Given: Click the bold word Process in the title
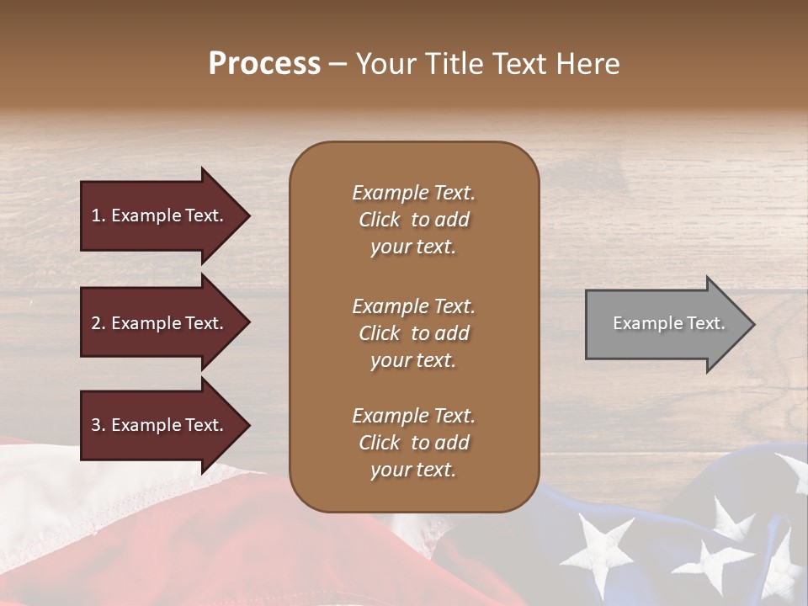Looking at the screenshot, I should tap(264, 64).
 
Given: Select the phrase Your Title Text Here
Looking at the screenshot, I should tap(487, 64).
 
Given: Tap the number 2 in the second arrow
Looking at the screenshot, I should tap(96, 323).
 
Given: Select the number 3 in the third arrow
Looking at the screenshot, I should tap(96, 425).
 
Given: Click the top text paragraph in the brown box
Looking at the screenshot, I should tap(413, 220).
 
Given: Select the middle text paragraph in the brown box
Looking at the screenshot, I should tap(413, 333).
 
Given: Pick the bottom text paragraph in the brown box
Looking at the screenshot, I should tap(413, 443).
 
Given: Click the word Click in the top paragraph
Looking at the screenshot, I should tap(380, 220).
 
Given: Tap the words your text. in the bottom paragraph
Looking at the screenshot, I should tap(413, 470).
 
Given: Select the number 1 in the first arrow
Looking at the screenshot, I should tap(95, 215).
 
